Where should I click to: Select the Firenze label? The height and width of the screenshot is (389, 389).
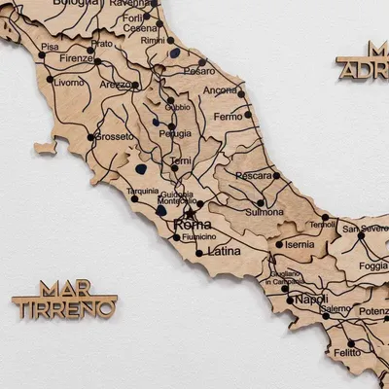click(x=75, y=58)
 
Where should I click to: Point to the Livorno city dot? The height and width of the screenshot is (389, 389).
click(x=50, y=80)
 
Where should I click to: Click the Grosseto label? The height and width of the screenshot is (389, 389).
click(x=116, y=136)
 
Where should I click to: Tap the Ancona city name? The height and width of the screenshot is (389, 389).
click(x=220, y=90)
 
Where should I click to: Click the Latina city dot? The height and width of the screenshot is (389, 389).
click(x=199, y=253)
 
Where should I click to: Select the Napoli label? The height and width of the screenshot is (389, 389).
click(x=311, y=299)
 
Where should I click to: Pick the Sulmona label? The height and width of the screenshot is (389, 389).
click(x=265, y=211)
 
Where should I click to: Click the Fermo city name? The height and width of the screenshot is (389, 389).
click(x=228, y=117)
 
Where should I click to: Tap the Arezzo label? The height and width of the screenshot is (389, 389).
click(x=116, y=85)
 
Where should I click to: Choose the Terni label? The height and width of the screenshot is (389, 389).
click(x=180, y=160)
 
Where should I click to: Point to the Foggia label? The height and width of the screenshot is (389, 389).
click(x=372, y=265)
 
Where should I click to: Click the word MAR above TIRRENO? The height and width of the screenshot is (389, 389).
click(x=59, y=289)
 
